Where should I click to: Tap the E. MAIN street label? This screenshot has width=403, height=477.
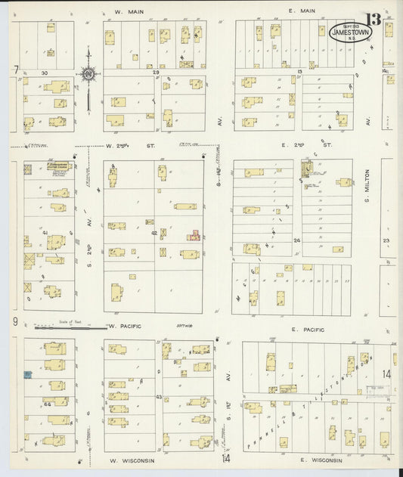pyautogui.click(x=301, y=11)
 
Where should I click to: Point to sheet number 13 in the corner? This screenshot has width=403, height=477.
pyautogui.click(x=374, y=20)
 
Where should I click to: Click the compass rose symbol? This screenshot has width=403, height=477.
pyautogui.click(x=88, y=73)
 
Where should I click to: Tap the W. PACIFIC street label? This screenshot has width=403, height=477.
pyautogui.click(x=124, y=327)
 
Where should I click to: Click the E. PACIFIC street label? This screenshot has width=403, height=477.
pyautogui.click(x=307, y=330)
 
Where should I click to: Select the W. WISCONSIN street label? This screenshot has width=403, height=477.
pyautogui.click(x=132, y=460)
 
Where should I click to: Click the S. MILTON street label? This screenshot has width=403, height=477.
pyautogui.click(x=366, y=186)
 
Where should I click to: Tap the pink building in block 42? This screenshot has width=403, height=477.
pyautogui.click(x=194, y=237)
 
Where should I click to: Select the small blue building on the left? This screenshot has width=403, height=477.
pyautogui.click(x=28, y=374)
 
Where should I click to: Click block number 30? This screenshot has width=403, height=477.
pyautogui.click(x=45, y=73)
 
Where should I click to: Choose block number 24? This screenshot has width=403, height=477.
pyautogui.click(x=297, y=240)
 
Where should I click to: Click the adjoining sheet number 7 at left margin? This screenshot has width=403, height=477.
pyautogui.click(x=14, y=70)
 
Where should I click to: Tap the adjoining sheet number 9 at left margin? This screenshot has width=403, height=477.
pyautogui.click(x=14, y=322)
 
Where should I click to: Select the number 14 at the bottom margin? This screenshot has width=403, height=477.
pyautogui.click(x=225, y=458)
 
